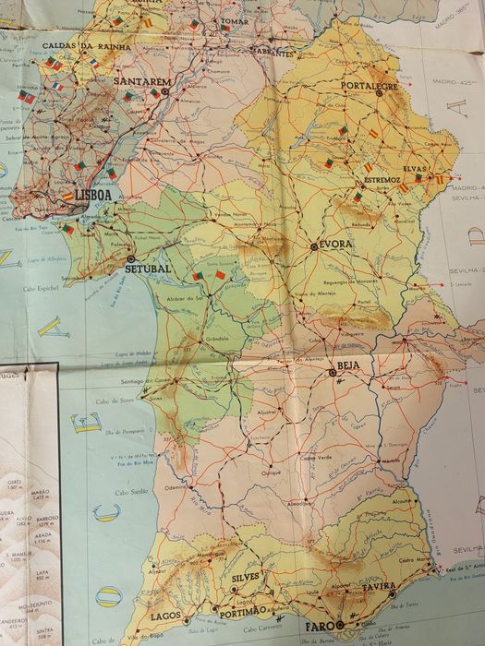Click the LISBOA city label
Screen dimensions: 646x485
point(93,196)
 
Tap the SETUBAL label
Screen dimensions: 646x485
point(148,269)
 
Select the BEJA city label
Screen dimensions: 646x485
point(347,365)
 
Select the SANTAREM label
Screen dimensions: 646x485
point(142,81)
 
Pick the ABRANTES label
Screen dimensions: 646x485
point(273,54)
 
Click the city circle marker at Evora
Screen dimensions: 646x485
point(315,246)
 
